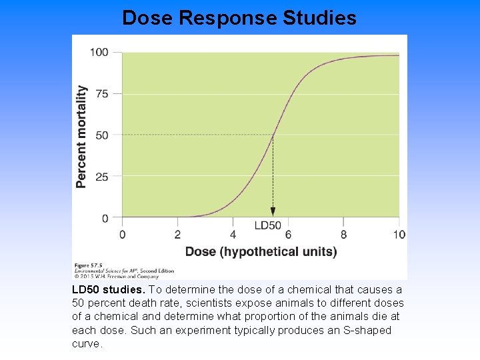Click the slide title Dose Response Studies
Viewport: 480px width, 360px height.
(x=239, y=17)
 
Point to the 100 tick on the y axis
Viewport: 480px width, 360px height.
(x=99, y=52)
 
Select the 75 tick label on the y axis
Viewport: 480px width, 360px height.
(x=102, y=94)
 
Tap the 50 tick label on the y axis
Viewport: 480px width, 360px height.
(x=102, y=135)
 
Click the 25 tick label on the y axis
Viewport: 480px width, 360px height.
(x=102, y=177)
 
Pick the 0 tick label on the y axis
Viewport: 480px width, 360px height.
(x=105, y=218)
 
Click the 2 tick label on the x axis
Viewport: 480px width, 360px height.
(x=177, y=234)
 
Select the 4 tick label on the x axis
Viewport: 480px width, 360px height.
(x=233, y=234)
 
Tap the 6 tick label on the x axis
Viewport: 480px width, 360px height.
(x=288, y=234)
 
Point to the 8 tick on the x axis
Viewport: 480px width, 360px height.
(x=343, y=234)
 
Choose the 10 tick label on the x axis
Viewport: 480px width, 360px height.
(x=398, y=234)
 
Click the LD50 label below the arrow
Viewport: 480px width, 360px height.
(x=268, y=225)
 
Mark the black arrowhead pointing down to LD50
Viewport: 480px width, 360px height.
(x=273, y=211)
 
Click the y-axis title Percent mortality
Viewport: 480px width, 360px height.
(x=81, y=136)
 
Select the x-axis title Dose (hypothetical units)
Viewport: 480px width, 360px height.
(x=261, y=251)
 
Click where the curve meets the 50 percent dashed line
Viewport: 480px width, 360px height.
(x=273, y=135)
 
